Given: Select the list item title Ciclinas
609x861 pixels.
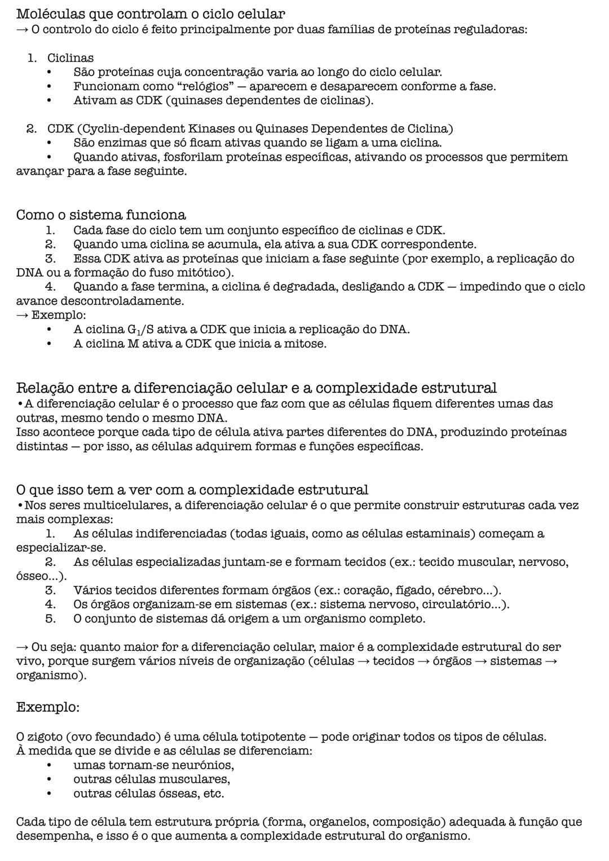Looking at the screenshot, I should point(70,58).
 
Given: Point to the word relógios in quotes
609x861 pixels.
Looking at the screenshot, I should point(217,87).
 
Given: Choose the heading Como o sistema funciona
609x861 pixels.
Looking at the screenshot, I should point(101,215).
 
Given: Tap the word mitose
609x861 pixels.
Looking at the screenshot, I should point(308,344).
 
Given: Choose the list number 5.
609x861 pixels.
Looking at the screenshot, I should point(50,619).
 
